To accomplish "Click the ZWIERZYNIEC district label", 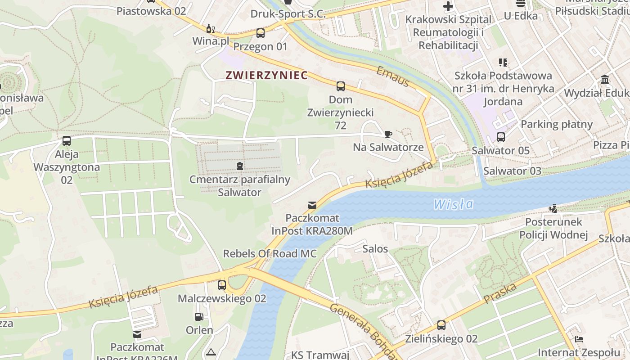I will click(267, 75).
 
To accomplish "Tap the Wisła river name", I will click(454, 204).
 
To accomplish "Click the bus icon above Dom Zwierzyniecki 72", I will click(341, 86).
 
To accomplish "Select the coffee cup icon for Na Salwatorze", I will click(388, 134).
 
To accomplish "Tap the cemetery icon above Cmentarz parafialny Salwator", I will click(240, 166).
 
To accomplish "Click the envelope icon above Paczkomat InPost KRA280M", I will click(312, 205).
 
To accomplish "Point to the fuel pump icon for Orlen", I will click(199, 317).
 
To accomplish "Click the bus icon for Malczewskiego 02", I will click(222, 285).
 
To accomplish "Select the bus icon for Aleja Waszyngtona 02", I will click(67, 141).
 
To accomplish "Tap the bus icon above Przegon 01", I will click(261, 33).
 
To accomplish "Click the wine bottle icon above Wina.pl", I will click(210, 28).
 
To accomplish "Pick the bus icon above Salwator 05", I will click(500, 137).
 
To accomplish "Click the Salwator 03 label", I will click(512, 171).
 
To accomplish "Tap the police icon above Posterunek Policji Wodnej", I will click(553, 208).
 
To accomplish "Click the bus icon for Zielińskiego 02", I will click(441, 325).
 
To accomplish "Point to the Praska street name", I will click(500, 293).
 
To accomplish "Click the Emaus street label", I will click(393, 76).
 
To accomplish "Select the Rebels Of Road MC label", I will click(270, 253).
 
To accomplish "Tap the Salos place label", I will click(375, 248).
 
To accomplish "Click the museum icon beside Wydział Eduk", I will click(605, 80).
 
